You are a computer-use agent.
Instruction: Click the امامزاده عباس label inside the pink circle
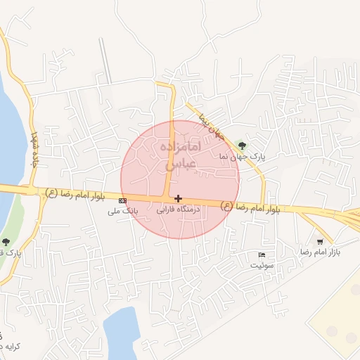click(182, 155)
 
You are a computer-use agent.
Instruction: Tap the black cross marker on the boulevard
click(178, 199)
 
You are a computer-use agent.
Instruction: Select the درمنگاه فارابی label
click(178, 210)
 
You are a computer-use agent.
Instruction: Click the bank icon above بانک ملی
click(123, 201)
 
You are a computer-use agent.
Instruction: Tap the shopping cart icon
click(321, 241)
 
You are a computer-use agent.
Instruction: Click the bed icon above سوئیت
click(262, 254)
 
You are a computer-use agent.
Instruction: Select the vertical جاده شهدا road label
click(33, 148)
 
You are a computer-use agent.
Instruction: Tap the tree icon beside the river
click(6, 242)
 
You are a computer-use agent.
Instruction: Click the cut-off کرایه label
click(10, 347)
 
